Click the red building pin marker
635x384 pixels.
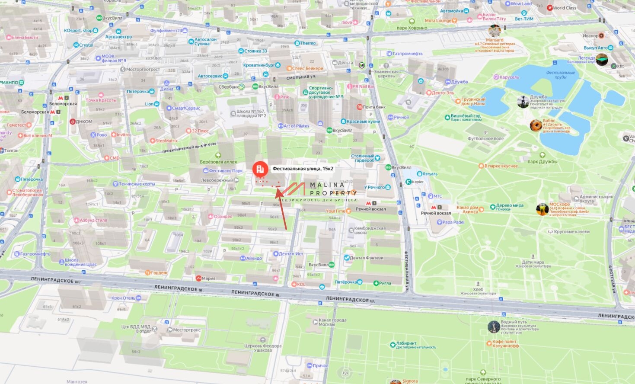[x=260, y=169]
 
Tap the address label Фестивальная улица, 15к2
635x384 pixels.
[x=303, y=169]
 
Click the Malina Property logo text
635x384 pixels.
[x=333, y=189]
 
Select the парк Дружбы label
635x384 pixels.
[x=542, y=161]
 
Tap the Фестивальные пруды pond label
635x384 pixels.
[x=560, y=75]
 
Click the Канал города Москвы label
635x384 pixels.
[x=332, y=322]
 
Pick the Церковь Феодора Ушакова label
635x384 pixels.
[x=262, y=348]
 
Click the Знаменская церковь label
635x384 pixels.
[x=386, y=74]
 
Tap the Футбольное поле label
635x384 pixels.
[x=485, y=138]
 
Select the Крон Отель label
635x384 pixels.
[x=123, y=298]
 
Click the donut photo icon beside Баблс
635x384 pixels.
[x=536, y=125]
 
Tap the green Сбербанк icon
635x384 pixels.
[x=242, y=87]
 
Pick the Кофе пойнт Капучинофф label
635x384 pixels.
[x=505, y=344]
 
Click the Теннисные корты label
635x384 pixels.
[x=137, y=184]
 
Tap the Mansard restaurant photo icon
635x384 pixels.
[x=495, y=31]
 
